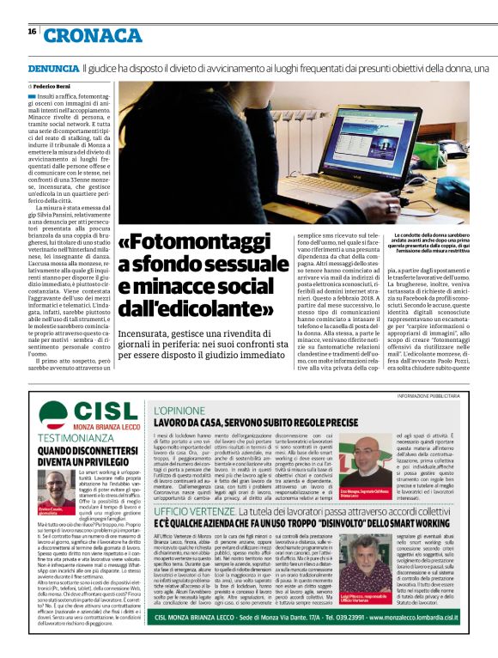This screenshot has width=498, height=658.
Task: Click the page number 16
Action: click(32, 32)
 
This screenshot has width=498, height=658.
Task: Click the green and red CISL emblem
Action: click(52, 419)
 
